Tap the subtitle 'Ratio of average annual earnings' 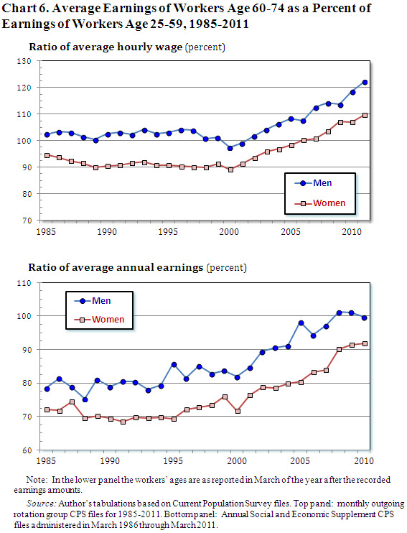click(x=115, y=267)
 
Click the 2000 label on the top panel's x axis click(x=230, y=233)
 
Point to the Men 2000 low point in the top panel click(x=230, y=148)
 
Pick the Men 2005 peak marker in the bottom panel click(x=301, y=323)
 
